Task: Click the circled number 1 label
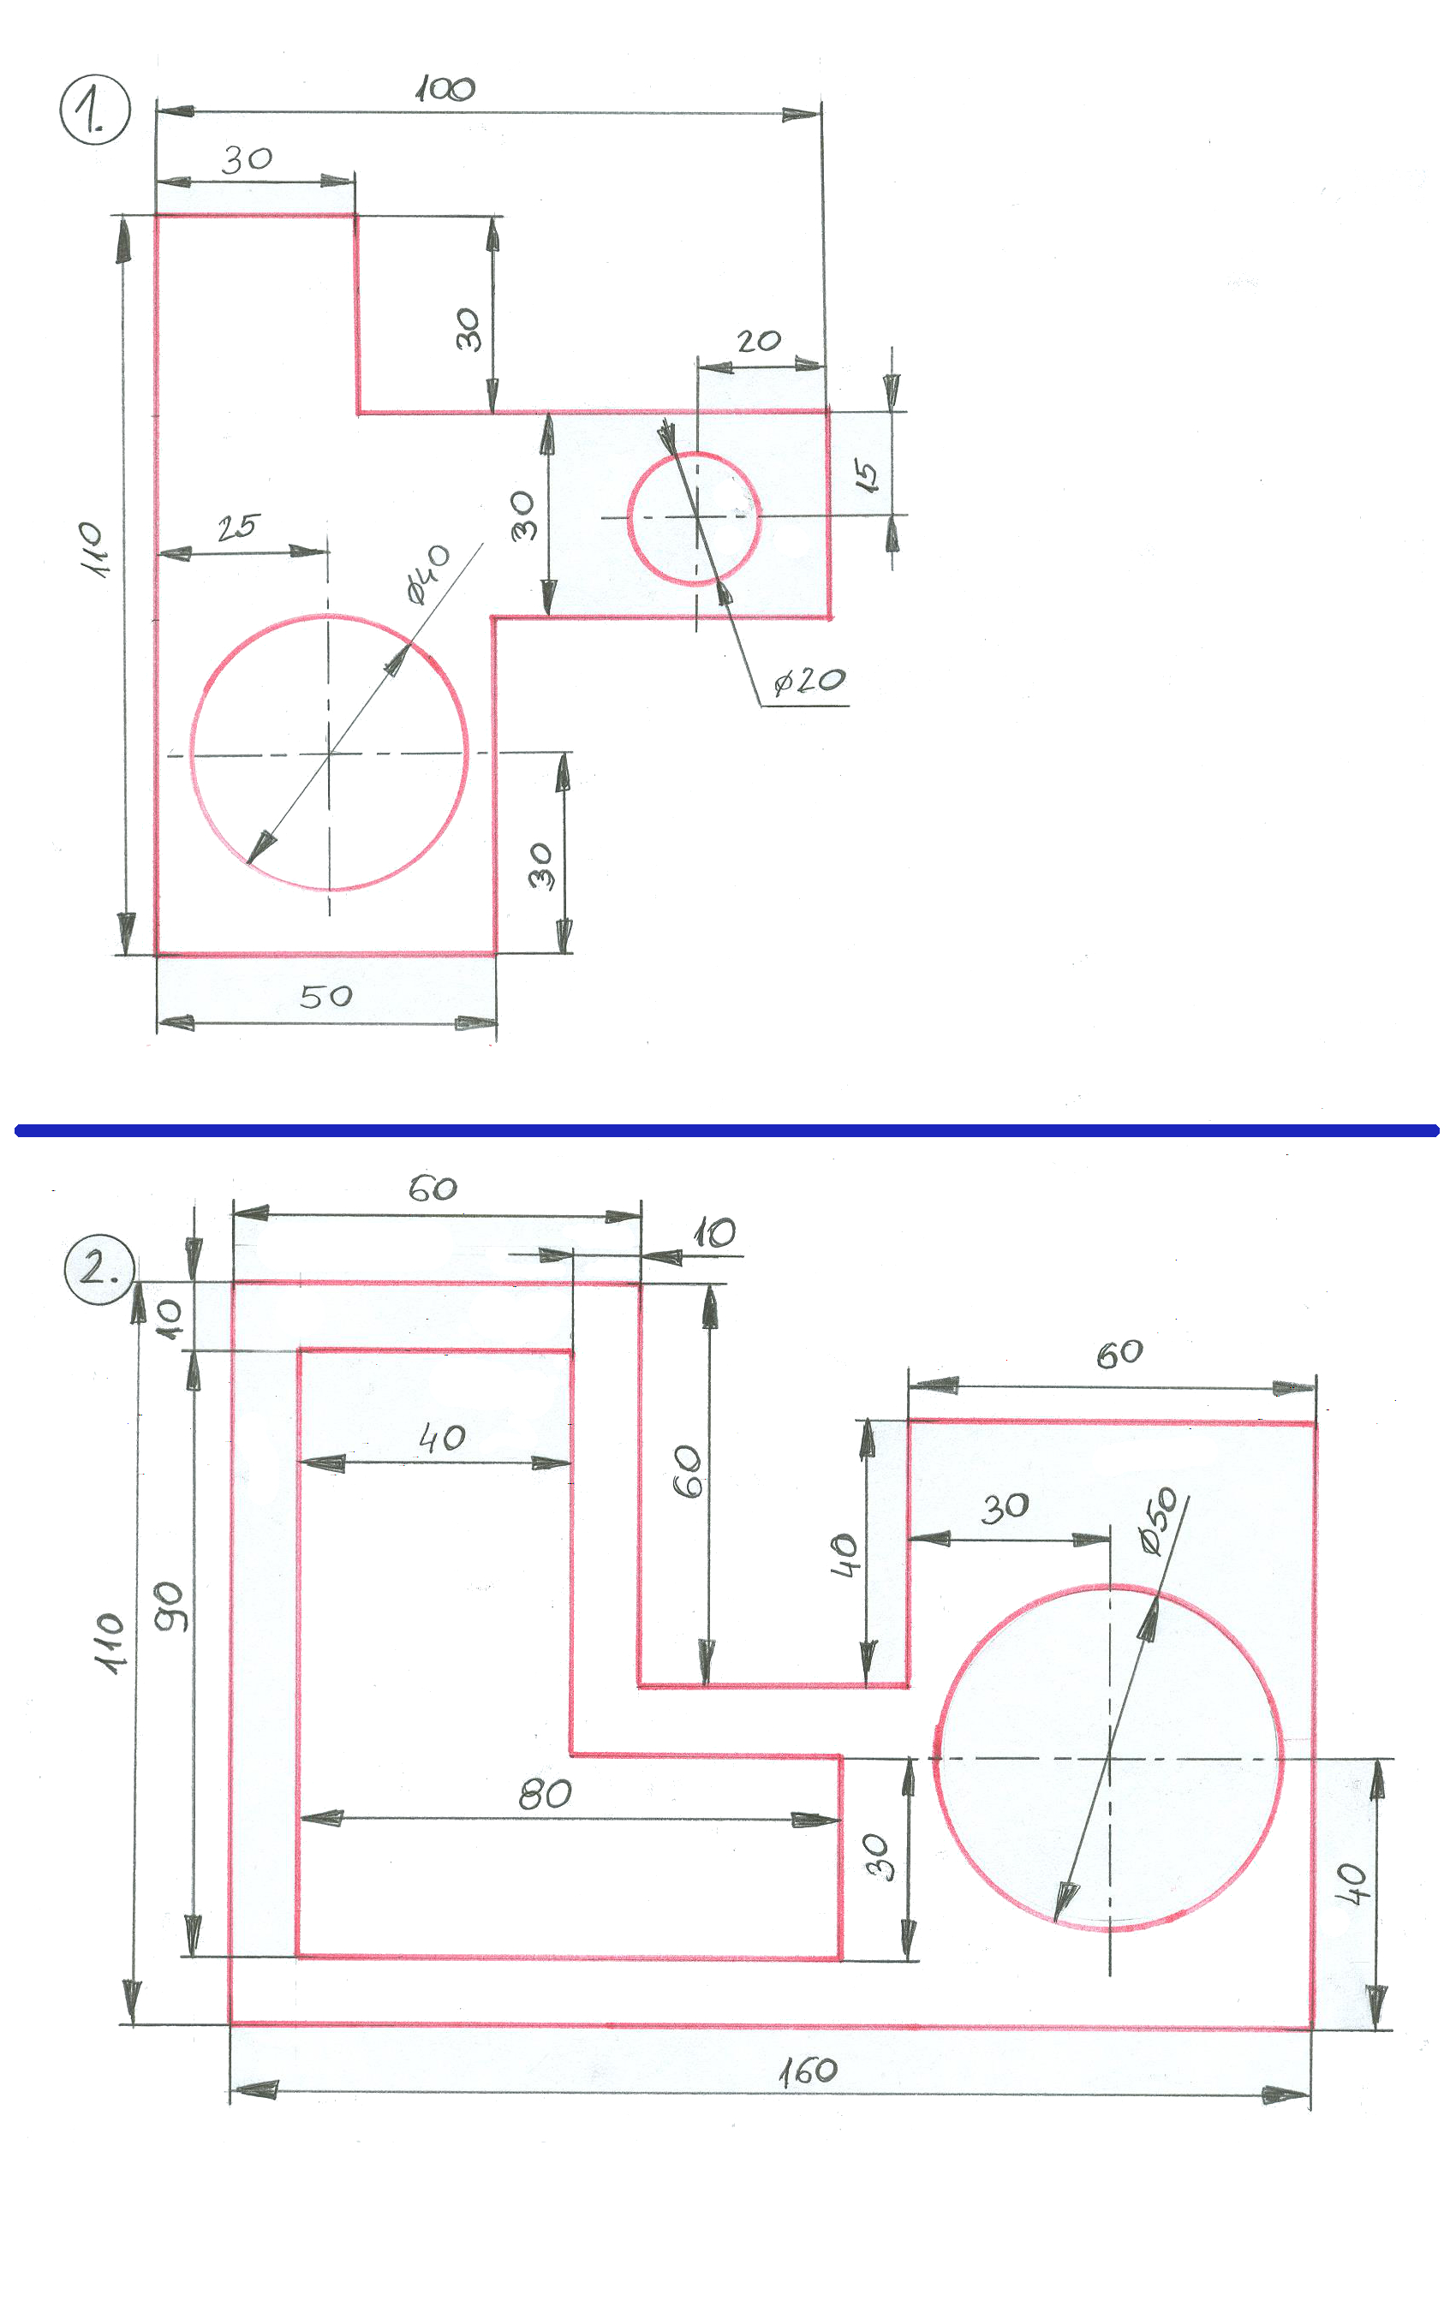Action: coord(94,111)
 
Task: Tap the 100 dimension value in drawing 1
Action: coord(445,89)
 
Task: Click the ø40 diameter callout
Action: coord(427,575)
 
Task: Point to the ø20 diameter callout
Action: coord(809,681)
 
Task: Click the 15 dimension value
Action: coord(865,475)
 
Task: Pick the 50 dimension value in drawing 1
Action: coord(325,996)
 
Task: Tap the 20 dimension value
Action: coord(759,341)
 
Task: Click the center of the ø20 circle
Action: coord(696,516)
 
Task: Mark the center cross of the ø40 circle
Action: coord(330,754)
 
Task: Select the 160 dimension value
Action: coord(808,2071)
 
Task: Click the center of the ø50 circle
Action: coord(1110,1758)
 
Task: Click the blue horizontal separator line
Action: coord(727,1130)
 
